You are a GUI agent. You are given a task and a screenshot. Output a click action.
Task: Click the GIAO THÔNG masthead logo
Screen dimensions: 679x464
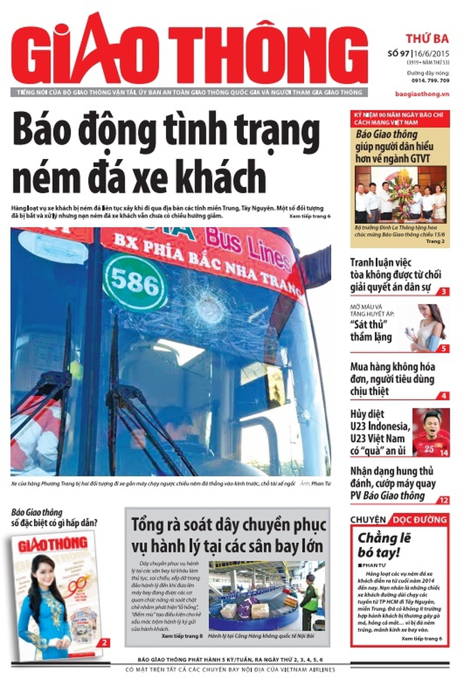[x=189, y=52]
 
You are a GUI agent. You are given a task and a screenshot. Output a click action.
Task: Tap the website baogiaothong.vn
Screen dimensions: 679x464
[x=422, y=94]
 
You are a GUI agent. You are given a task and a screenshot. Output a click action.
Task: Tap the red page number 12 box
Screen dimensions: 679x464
[x=443, y=500]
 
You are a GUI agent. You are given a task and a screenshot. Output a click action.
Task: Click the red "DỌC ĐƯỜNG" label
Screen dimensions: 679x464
[x=419, y=520]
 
